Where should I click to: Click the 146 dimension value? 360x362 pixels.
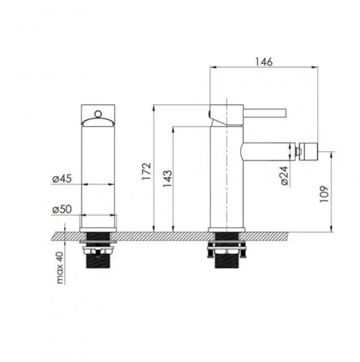point(264,62)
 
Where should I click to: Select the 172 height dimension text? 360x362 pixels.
point(146,171)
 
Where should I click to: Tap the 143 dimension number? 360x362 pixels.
point(168,178)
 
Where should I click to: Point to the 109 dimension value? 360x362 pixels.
point(324,194)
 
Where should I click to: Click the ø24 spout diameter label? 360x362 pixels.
point(284,176)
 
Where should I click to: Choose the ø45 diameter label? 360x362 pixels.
point(62,178)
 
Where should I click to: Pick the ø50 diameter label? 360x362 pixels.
point(62,209)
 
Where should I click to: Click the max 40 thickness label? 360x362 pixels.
point(60,267)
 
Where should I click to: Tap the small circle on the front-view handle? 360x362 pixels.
point(98,113)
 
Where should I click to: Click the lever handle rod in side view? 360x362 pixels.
point(265,112)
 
